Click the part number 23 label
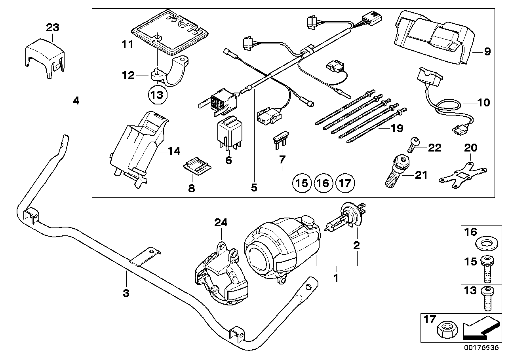pyautogui.click(x=53, y=28)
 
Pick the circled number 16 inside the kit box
pyautogui.click(x=323, y=183)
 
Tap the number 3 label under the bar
pyautogui.click(x=126, y=293)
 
